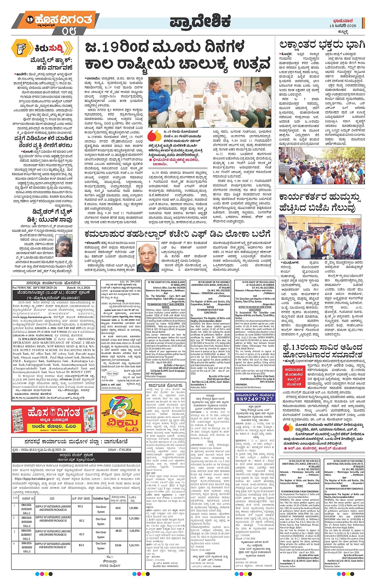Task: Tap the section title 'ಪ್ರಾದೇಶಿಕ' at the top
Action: point(200,21)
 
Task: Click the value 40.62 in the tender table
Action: point(118,508)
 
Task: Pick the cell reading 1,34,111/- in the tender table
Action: point(134,545)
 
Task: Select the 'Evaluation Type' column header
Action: point(101,498)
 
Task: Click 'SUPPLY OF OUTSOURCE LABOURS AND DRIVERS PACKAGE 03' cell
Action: point(53,533)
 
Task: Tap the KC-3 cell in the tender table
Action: point(81,534)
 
